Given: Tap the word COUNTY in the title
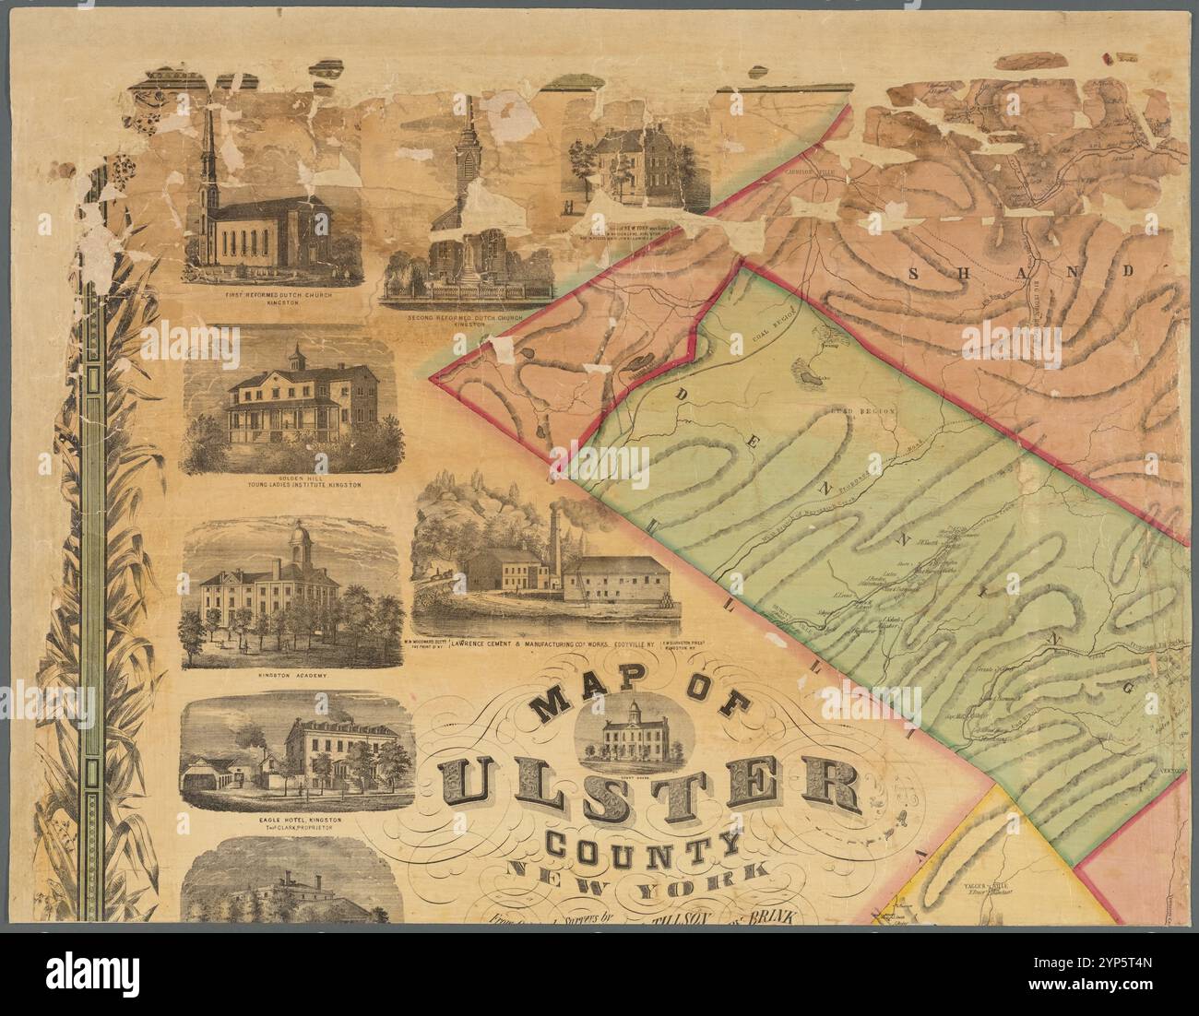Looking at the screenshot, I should point(642,845).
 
